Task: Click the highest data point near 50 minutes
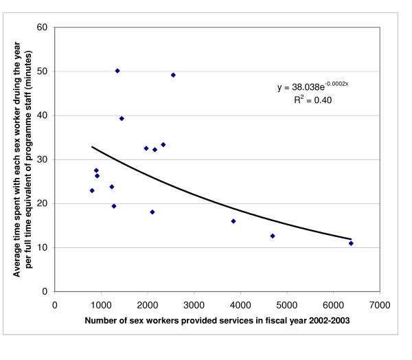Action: click(117, 71)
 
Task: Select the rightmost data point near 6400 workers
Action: click(351, 243)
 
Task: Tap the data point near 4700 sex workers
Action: click(273, 236)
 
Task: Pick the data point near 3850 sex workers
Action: click(233, 221)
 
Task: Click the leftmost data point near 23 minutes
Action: click(92, 190)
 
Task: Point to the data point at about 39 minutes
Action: click(122, 118)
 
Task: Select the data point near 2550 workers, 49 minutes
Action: click(173, 75)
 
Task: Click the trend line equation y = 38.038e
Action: click(306, 87)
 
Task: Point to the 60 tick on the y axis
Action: click(43, 27)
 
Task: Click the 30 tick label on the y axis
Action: click(43, 159)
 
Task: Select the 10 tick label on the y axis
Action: click(43, 247)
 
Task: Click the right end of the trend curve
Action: click(351, 239)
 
